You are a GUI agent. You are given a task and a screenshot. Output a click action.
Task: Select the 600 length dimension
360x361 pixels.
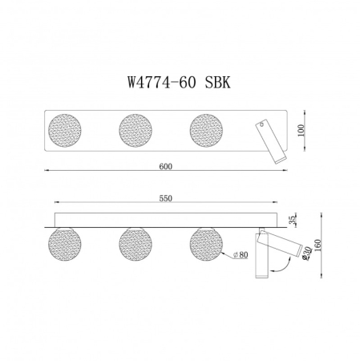point(165,166)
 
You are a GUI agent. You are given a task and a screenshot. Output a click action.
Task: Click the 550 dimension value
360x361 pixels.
point(166,199)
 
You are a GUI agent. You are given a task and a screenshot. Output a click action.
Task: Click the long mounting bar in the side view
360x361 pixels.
point(164,219)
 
